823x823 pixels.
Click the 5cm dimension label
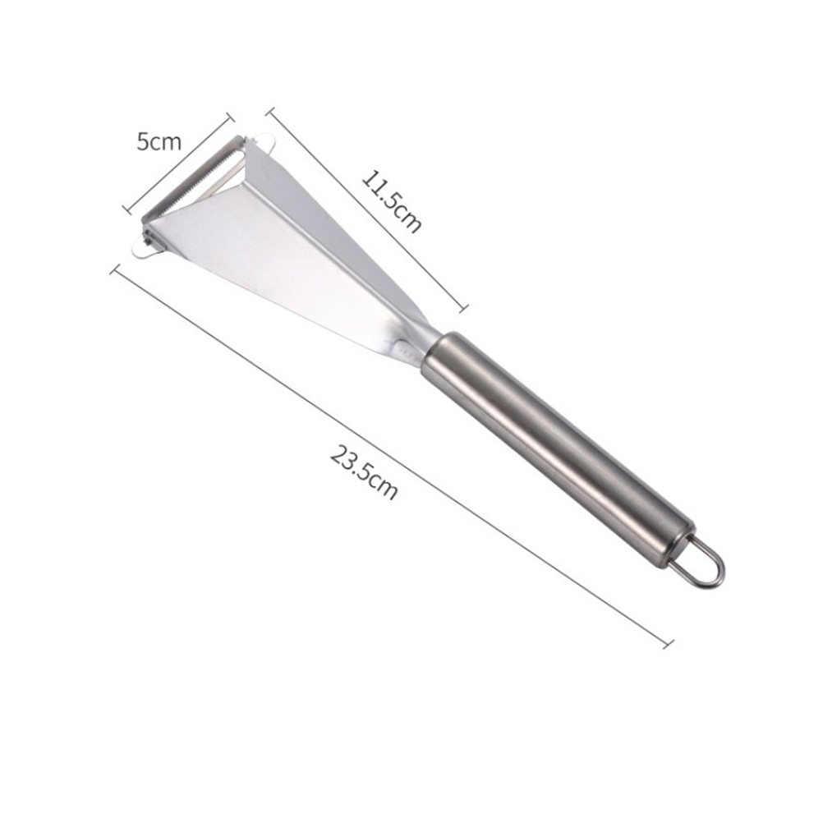(x=159, y=142)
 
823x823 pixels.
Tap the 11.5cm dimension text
(x=392, y=201)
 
